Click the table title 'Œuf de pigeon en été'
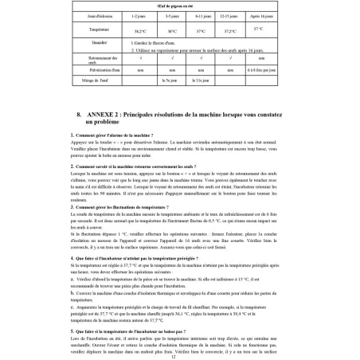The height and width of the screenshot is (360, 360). point(180,6)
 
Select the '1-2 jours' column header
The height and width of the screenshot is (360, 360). point(136,16)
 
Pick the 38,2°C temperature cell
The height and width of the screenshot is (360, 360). point(136,31)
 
